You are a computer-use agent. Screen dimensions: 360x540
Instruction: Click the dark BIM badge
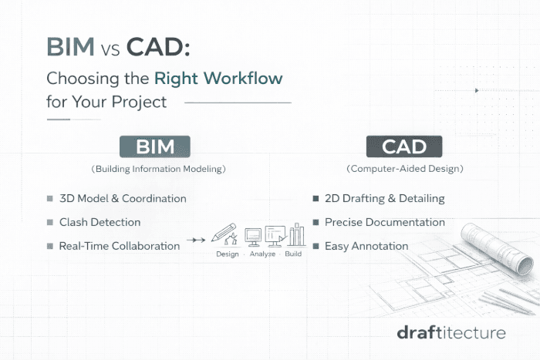pyautogui.click(x=154, y=146)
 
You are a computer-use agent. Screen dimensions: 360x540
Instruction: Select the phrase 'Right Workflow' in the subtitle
pyautogui.click(x=218, y=78)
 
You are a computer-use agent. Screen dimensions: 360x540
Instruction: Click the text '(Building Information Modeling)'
pyautogui.click(x=154, y=168)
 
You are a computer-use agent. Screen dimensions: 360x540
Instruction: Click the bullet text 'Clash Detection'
pyautogui.click(x=100, y=222)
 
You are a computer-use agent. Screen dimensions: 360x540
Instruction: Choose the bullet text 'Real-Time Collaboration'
pyautogui.click(x=120, y=246)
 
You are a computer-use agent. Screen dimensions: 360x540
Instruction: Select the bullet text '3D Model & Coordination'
pyautogui.click(x=123, y=198)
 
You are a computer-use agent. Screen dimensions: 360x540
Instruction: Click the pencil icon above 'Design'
pyautogui.click(x=224, y=233)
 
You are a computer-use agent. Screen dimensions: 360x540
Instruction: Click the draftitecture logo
pyautogui.click(x=451, y=333)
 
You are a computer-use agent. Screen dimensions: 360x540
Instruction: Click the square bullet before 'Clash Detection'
pyautogui.click(x=50, y=222)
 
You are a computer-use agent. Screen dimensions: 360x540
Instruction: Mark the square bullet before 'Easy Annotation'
pyautogui.click(x=315, y=246)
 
